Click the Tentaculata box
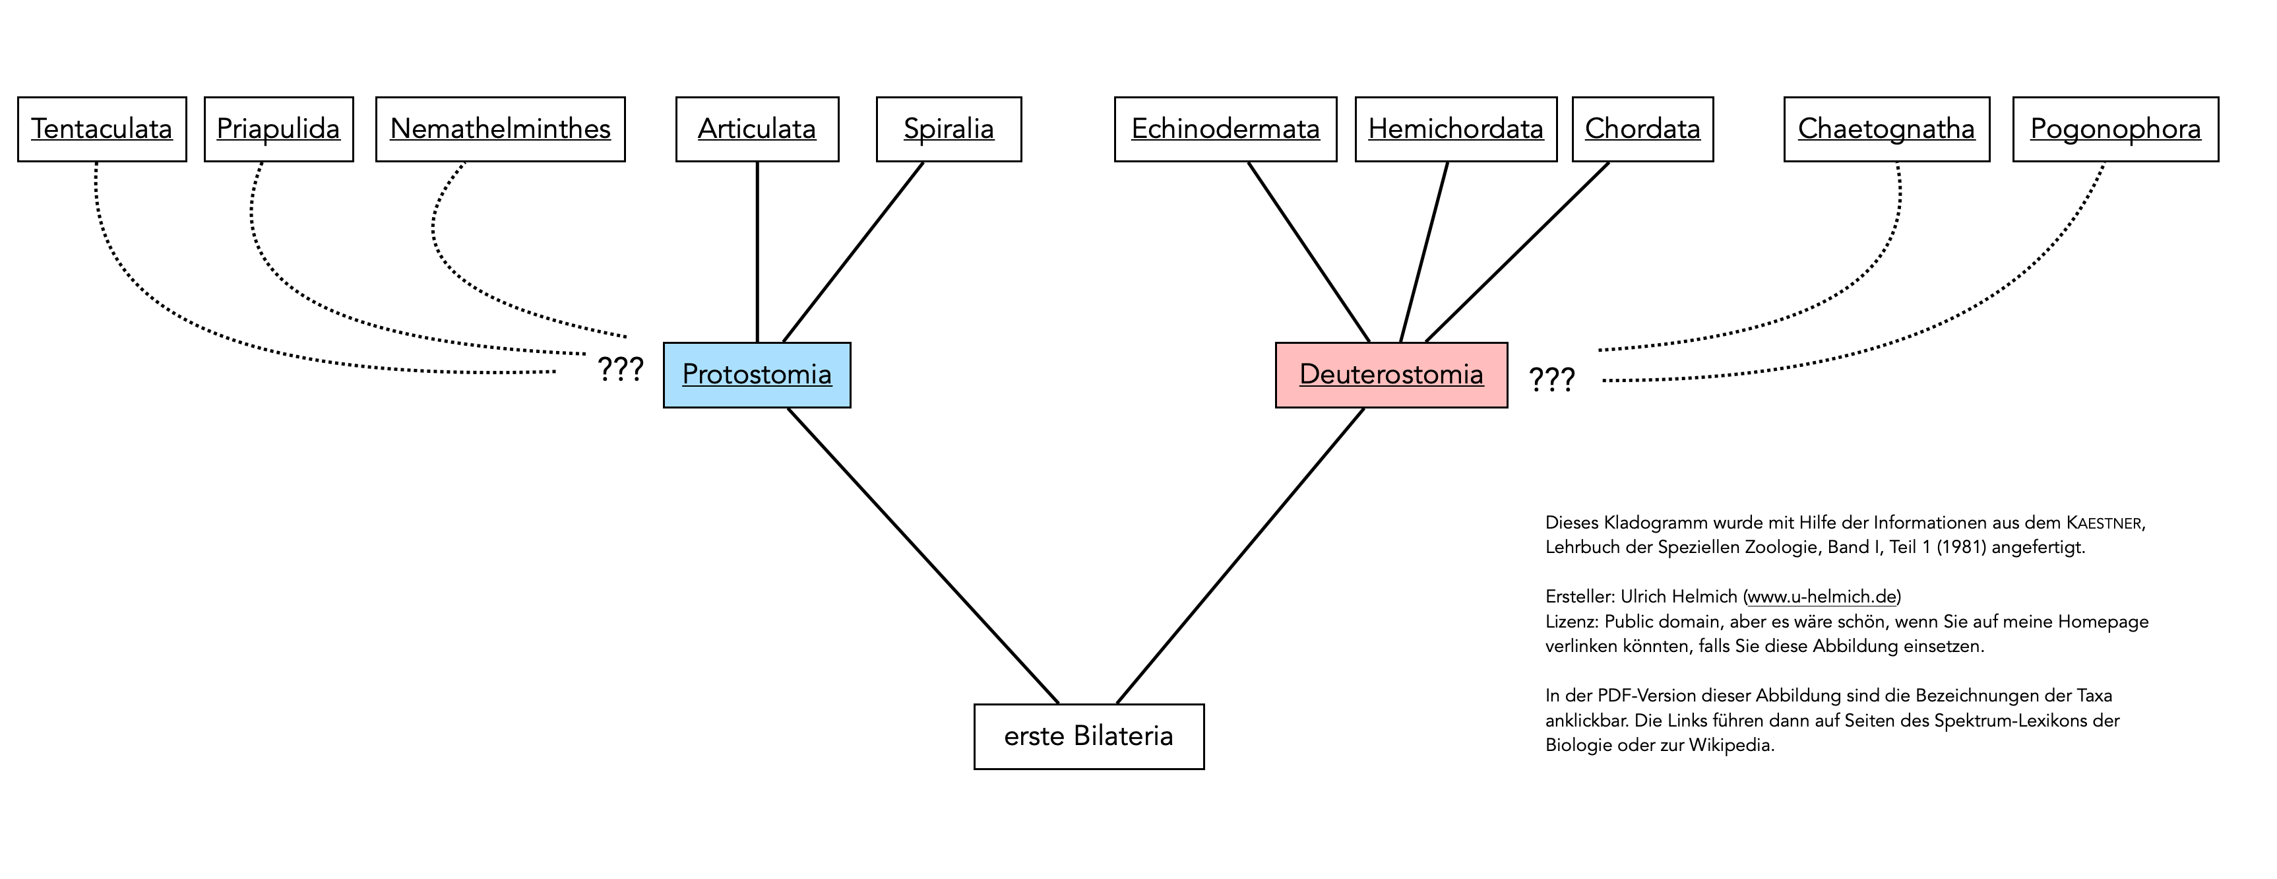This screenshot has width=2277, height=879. coord(102,129)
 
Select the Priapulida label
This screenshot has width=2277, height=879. coord(278,129)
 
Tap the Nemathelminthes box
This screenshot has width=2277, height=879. coord(500,129)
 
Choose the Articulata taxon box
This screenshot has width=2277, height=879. coord(757,129)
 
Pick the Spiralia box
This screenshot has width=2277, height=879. coord(949,129)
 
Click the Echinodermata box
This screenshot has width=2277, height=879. coord(1225,129)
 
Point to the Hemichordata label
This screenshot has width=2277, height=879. coord(1456,129)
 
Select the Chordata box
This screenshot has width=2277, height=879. coord(1642,129)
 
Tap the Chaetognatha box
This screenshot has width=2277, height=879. coord(1887,129)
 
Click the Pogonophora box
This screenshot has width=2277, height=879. coord(2115,129)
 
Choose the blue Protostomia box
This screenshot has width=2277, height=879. coord(757,375)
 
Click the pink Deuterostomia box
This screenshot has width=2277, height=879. coord(1391,375)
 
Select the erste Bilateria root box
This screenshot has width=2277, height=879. coord(1088,736)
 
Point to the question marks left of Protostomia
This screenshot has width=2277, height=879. coord(621,369)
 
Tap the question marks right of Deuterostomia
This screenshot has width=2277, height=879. coord(1552,380)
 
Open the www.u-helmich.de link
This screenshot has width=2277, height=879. coord(1822,597)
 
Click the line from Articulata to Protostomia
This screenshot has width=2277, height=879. coord(757,252)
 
